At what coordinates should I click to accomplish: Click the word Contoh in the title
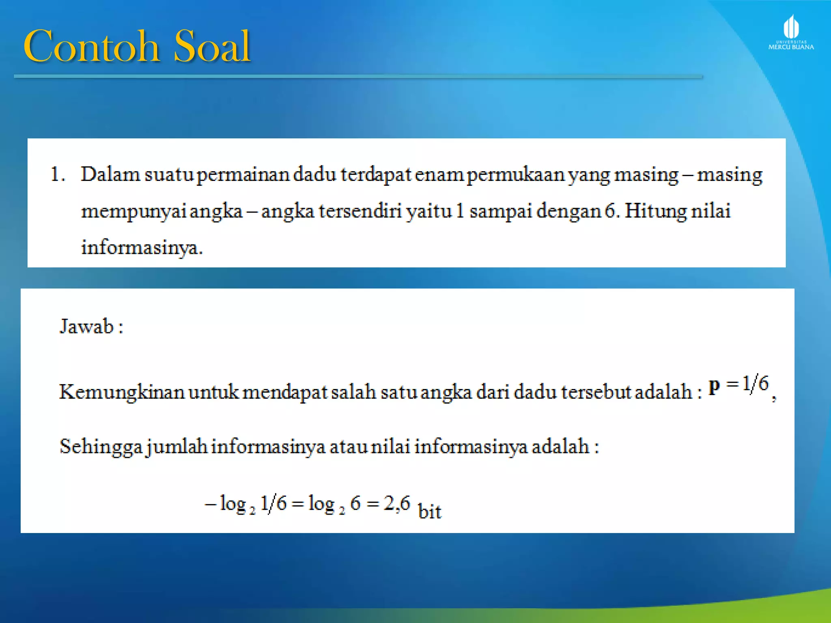91,46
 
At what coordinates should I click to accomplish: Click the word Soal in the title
212,46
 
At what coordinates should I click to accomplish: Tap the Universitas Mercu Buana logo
791,33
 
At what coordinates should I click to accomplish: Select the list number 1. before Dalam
57,175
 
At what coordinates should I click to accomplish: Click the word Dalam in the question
110,175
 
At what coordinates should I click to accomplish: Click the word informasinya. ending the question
142,248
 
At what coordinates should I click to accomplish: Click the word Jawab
87,327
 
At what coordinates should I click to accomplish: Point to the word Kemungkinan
122,393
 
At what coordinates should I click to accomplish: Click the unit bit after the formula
429,511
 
